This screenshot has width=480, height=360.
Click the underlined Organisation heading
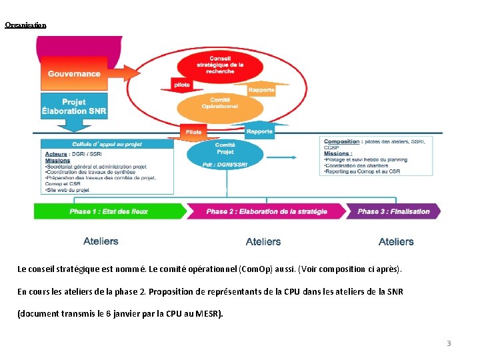tap(25, 25)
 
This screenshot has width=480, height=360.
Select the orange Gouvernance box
tap(74, 73)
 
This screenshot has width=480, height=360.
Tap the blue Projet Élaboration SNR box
tap(74, 107)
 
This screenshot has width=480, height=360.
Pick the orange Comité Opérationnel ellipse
tap(220, 105)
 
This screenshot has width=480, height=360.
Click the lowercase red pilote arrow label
tap(181, 85)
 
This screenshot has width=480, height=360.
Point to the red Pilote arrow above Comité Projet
tap(193, 132)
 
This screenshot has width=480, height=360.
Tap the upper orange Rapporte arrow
tap(261, 90)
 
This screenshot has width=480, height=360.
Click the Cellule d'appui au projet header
tap(107, 144)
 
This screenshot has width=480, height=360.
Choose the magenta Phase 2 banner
tap(267, 211)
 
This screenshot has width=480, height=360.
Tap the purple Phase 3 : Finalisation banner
tap(393, 211)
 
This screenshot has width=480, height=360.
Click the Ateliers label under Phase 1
tap(101, 241)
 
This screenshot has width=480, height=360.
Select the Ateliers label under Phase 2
tap(263, 241)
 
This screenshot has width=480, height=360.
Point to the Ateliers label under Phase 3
tap(396, 241)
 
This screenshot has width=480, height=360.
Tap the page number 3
tap(449, 343)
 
